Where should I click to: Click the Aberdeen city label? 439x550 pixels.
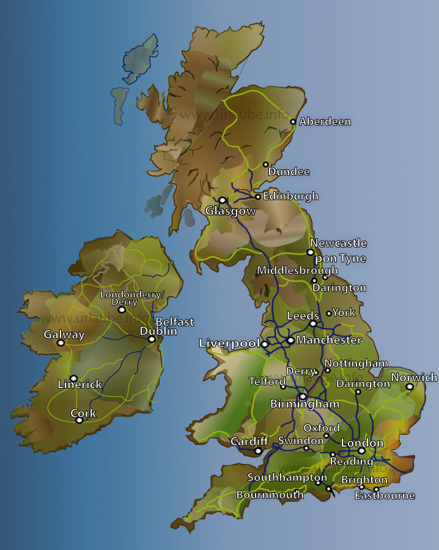point(325,122)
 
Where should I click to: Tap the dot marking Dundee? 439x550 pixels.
point(265,164)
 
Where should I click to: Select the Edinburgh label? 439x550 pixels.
point(290,196)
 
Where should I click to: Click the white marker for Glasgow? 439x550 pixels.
point(223,200)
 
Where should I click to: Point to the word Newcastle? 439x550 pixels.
point(338,243)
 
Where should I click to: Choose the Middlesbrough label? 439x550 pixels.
point(297,270)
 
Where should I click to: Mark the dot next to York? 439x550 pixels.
point(329,313)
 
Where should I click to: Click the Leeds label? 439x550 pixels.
point(303,316)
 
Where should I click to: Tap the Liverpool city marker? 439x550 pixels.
point(265,344)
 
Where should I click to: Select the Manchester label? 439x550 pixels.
point(329,340)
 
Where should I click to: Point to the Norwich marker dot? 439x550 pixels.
point(410,386)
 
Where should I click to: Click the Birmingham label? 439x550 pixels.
point(304,405)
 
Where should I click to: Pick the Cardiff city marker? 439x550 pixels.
point(258,451)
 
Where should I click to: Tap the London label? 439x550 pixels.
point(362,443)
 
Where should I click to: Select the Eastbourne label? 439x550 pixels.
point(385,496)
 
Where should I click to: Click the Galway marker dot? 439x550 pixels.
point(61,343)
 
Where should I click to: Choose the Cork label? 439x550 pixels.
point(83,413)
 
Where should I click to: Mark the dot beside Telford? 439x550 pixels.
point(282,386)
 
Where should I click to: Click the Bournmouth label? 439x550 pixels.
point(270,494)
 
